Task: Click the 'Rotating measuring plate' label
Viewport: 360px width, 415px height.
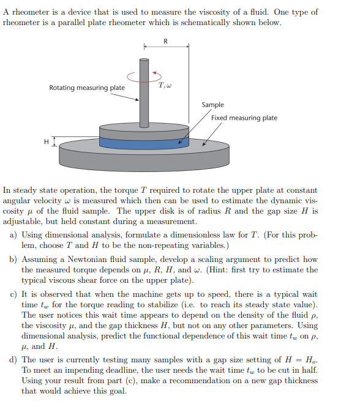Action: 87,88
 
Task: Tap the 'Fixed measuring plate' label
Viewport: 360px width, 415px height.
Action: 244,118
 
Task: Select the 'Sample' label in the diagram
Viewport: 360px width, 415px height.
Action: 212,105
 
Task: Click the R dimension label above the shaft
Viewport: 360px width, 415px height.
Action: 165,41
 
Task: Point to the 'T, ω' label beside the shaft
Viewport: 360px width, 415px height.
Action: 164,85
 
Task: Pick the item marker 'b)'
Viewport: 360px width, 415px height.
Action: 13,260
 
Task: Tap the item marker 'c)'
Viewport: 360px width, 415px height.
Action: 13,295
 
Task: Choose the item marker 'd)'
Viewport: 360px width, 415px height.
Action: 13,359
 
